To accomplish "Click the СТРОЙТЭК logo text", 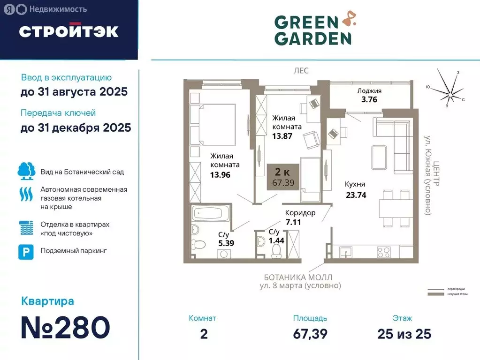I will [69, 31].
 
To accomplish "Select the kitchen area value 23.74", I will [355, 196].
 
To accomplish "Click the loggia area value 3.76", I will [369, 99].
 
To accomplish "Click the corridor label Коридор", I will [300, 213].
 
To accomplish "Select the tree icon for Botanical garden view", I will [26, 171].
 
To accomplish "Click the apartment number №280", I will [65, 328].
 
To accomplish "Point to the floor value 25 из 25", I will [404, 334].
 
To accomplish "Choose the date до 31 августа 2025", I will [74, 92].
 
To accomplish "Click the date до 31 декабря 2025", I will [76, 127].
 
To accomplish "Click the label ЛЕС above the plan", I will [301, 70].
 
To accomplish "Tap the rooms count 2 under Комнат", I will [203, 334].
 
